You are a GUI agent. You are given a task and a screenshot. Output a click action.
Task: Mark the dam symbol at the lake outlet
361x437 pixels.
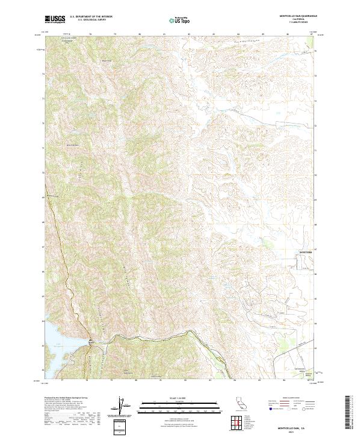[x=90, y=342]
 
